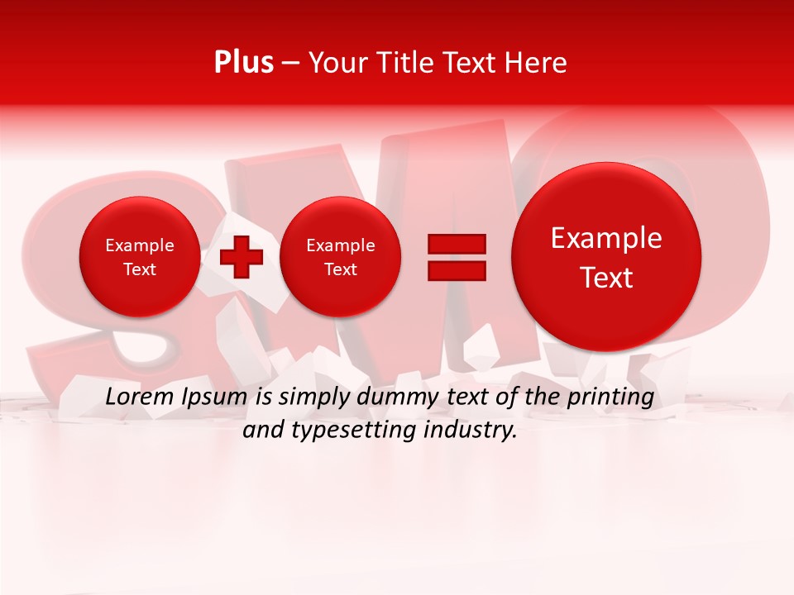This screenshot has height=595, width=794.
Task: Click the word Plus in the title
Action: pyautogui.click(x=243, y=63)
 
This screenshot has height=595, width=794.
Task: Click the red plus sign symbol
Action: pyautogui.click(x=242, y=256)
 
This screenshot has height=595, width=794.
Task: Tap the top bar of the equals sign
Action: pyautogui.click(x=457, y=245)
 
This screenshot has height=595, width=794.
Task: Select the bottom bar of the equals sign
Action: pyautogui.click(x=457, y=271)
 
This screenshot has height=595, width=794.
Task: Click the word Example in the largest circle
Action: pyautogui.click(x=606, y=238)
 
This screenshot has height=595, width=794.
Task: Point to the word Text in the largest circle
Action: pyautogui.click(x=606, y=278)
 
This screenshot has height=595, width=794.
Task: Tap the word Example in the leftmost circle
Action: pyautogui.click(x=139, y=245)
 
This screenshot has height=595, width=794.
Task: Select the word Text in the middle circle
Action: pyautogui.click(x=340, y=269)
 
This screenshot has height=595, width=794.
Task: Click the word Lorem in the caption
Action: pyautogui.click(x=141, y=397)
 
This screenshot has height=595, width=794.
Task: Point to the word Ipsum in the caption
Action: pyautogui.click(x=216, y=397)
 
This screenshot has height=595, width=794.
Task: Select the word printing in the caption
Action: pyautogui.click(x=610, y=397)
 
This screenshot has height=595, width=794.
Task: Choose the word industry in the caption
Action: pyautogui.click(x=471, y=431)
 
